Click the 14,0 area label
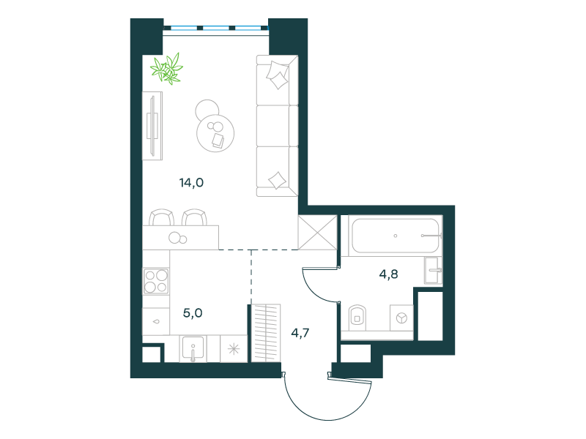point(191,183)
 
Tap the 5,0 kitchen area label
point(193,313)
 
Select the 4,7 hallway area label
point(300,333)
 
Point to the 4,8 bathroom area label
point(389,274)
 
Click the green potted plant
point(167,69)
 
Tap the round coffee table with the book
point(215,133)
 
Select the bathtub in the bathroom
point(396,236)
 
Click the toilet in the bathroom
point(357,318)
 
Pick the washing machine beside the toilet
point(401,318)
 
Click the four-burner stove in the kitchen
point(156,281)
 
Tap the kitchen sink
point(193,349)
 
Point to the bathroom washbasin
point(434,270)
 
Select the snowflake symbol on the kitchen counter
point(234,350)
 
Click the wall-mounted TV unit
point(152,126)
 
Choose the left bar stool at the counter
point(161,217)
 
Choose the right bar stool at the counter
point(194,217)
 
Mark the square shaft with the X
point(318,232)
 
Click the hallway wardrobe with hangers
point(266,333)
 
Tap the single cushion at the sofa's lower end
point(278,180)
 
